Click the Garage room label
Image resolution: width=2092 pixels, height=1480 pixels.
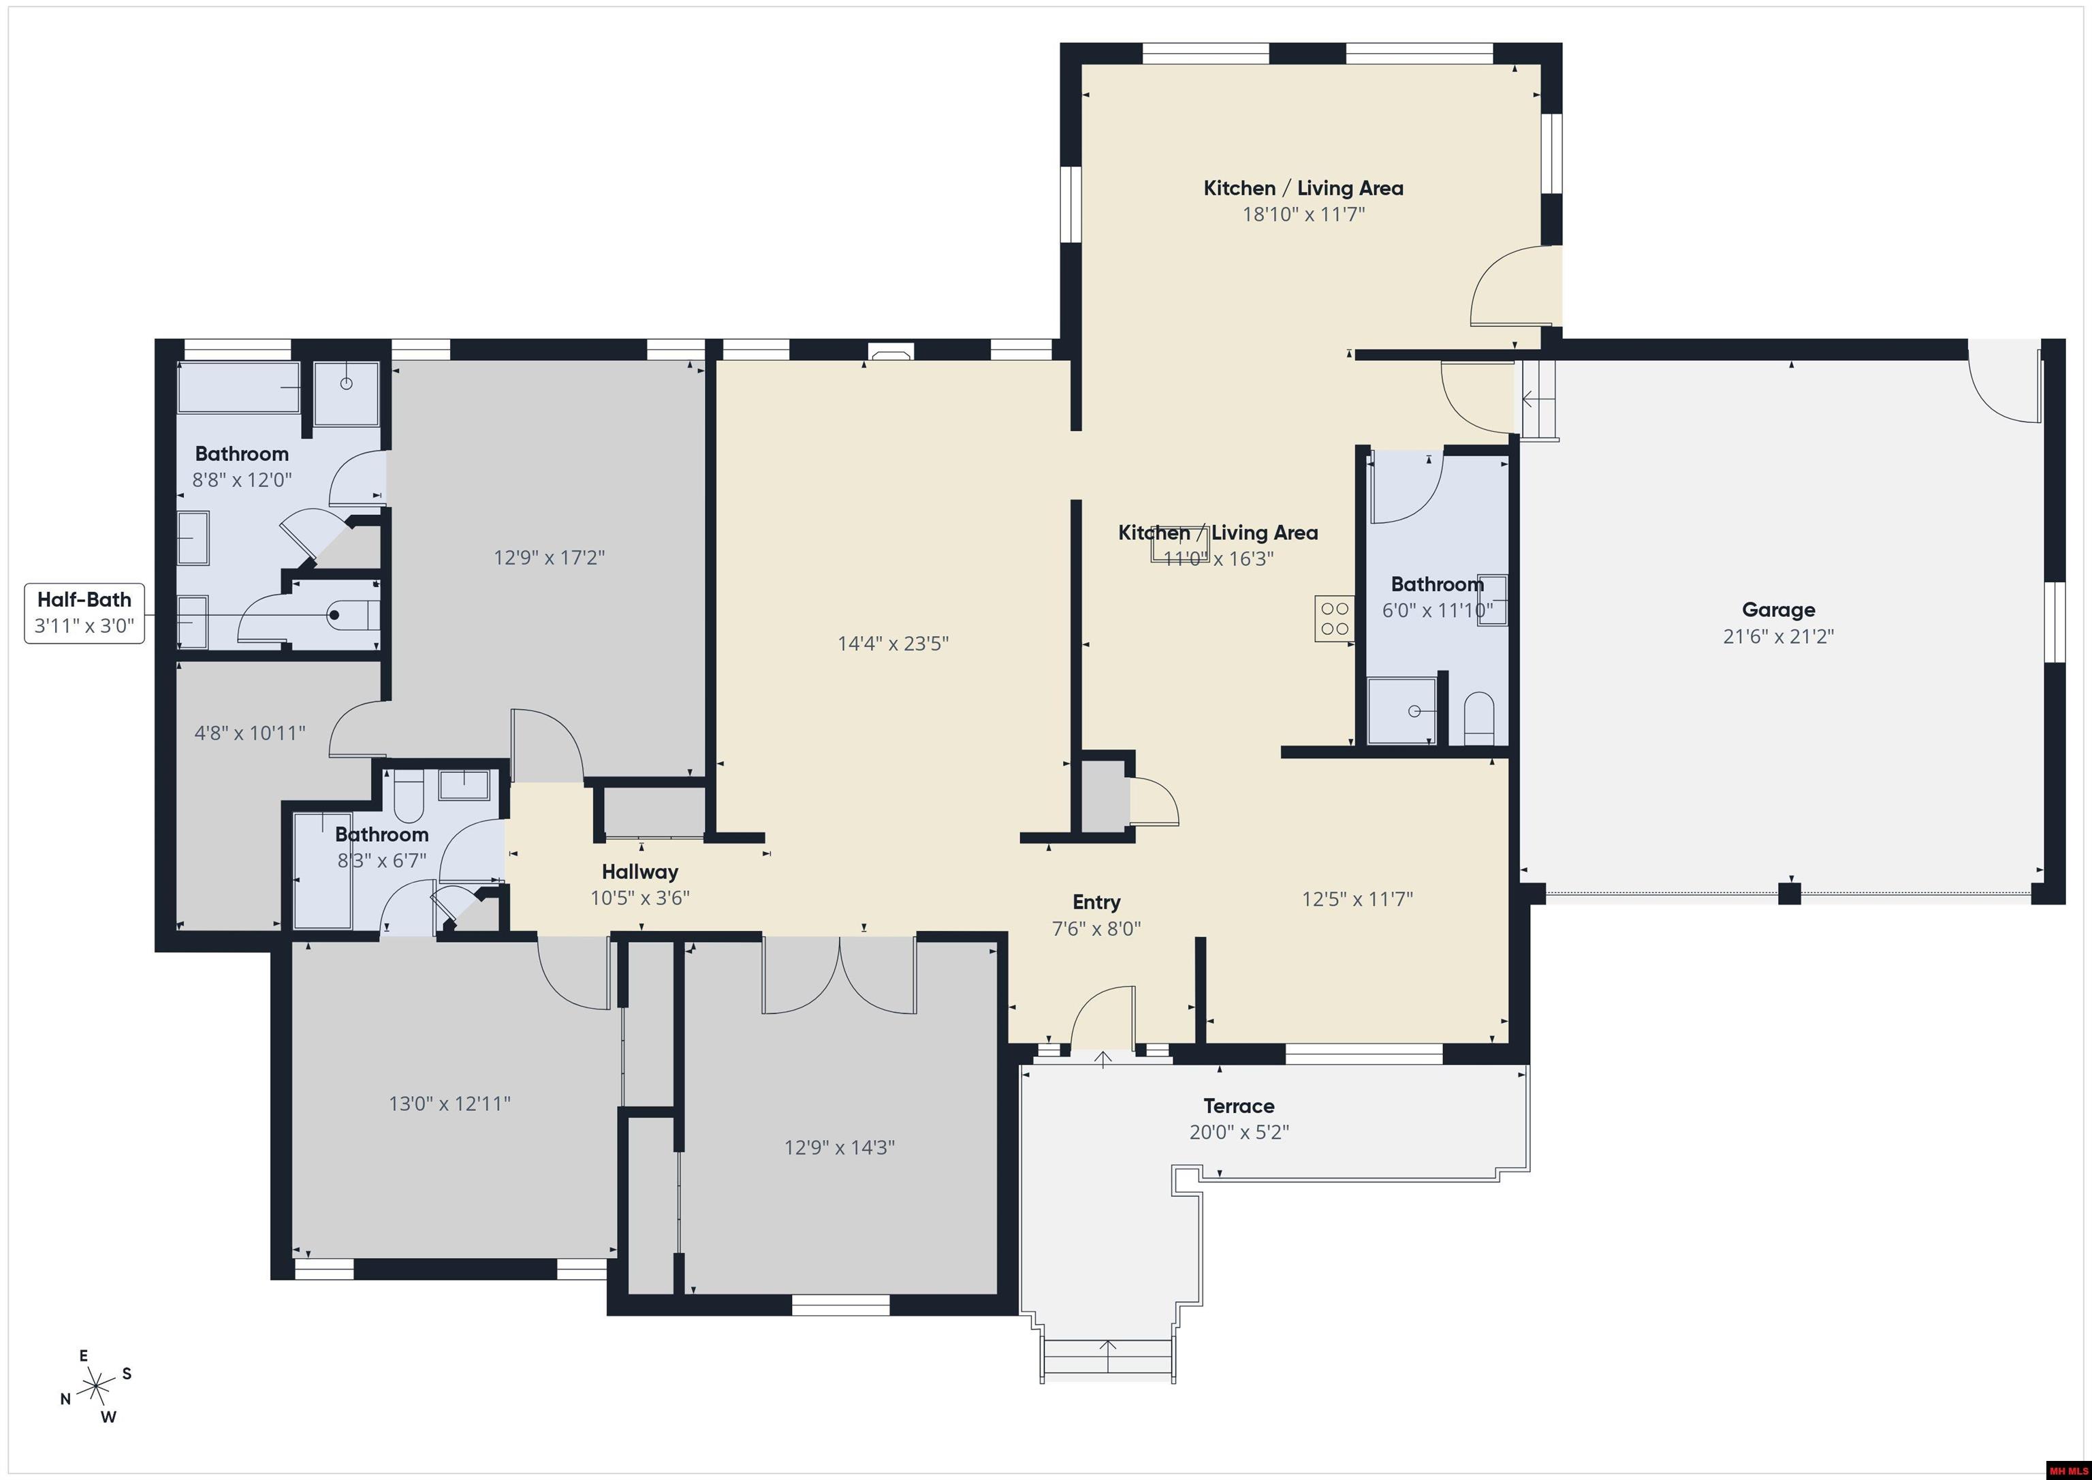coord(1777,610)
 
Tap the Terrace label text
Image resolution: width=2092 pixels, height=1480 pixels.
coord(1238,1105)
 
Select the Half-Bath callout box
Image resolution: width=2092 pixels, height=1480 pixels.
coord(84,612)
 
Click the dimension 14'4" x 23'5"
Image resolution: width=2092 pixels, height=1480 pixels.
coord(893,644)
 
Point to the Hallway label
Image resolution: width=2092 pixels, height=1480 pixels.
coord(639,871)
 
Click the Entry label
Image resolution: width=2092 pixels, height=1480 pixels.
coord(1096,901)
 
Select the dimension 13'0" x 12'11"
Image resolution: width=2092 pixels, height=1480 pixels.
coord(449,1103)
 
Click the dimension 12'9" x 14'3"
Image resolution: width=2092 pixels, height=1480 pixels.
coord(839,1148)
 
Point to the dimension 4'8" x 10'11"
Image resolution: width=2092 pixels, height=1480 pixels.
coord(250,733)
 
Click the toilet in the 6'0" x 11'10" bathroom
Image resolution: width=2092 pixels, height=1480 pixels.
coord(1478,717)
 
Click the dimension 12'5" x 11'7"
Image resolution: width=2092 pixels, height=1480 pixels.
coord(1357,900)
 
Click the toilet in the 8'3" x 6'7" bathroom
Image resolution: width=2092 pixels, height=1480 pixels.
coord(408,795)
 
